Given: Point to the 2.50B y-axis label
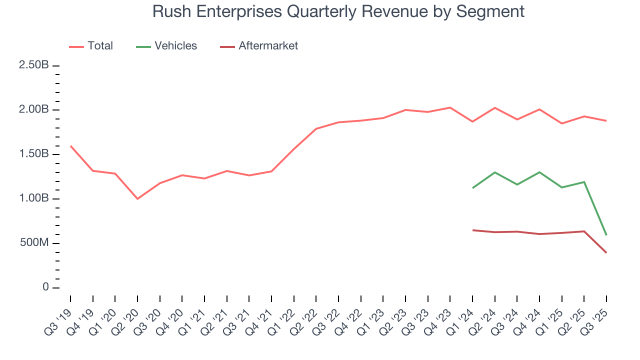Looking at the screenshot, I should (x=34, y=65).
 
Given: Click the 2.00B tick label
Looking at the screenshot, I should (x=34, y=110).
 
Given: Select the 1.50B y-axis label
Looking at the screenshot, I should (x=34, y=154).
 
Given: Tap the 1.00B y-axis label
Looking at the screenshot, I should (x=34, y=198).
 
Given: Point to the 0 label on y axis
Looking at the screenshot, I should (x=45, y=287).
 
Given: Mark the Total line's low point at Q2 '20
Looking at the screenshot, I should (x=137, y=199).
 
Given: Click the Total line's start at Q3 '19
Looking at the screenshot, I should (x=70, y=146).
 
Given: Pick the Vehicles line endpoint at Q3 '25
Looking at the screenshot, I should (x=606, y=235).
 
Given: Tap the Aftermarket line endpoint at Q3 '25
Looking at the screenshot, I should (x=606, y=252).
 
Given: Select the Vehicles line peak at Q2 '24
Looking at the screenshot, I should (x=495, y=172).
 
